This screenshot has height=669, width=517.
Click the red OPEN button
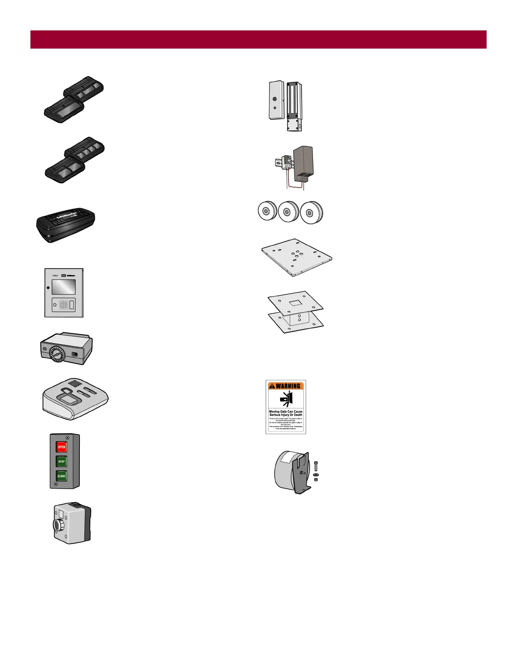[62, 447]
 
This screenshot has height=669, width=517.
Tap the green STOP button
[62, 462]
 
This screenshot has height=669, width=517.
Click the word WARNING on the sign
[288, 386]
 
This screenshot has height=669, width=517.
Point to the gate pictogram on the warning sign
[286, 399]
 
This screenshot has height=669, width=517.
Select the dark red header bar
[258, 39]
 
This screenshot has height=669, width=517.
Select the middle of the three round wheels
[288, 211]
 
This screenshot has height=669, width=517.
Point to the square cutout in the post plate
[295, 303]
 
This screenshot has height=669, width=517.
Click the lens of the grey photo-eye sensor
[56, 525]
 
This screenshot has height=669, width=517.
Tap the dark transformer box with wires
[303, 163]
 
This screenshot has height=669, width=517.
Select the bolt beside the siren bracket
[316, 466]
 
